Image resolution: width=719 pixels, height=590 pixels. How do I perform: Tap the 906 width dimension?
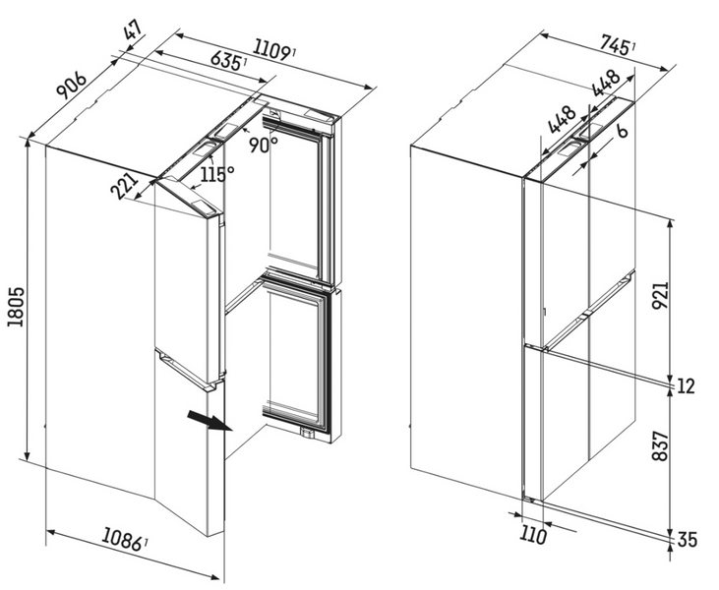tap(72, 86)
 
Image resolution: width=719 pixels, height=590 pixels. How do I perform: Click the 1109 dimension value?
tap(271, 50)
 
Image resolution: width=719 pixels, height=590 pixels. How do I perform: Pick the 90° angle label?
tap(265, 146)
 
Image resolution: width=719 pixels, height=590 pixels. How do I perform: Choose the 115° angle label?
tap(217, 175)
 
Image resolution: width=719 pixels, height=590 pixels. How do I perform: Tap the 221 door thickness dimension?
tap(125, 186)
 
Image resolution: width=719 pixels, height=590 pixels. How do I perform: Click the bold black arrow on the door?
tap(210, 421)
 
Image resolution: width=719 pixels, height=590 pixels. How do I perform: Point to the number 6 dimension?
tap(622, 132)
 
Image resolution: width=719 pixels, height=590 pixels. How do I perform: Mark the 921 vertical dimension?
tap(661, 295)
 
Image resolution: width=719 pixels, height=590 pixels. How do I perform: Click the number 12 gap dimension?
tap(686, 386)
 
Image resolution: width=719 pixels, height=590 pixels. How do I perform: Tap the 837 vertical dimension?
tap(661, 445)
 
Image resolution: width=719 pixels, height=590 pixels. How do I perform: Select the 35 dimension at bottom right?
tap(687, 540)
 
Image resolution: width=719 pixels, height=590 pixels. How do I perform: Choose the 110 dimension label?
tap(533, 536)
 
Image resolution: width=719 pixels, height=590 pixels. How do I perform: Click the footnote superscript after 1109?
tap(293, 52)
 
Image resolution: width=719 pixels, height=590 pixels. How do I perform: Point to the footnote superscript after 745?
tap(633, 47)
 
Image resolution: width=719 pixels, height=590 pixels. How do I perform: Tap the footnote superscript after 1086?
tap(146, 543)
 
